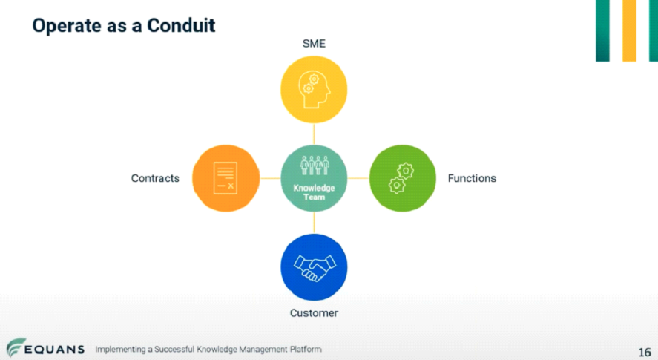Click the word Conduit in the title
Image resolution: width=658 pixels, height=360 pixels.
pos(181,26)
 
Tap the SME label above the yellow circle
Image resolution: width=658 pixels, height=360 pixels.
pos(314,44)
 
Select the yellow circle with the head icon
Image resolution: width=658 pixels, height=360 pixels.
pos(314,90)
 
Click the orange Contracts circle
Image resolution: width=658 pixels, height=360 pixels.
pos(226,178)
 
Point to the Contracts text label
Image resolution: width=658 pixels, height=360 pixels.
pos(155,179)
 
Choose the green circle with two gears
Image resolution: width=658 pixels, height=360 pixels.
pos(402,178)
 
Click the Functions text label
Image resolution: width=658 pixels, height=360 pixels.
pos(472,179)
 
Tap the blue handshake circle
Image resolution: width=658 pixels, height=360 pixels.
pos(314,267)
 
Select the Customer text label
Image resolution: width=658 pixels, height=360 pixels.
pos(314,313)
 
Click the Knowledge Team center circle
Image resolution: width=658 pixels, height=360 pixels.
pos(314,178)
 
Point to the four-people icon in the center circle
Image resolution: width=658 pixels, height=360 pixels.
pos(315,166)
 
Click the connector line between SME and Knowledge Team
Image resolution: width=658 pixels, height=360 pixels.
pos(314,134)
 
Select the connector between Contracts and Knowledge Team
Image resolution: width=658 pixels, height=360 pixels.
pos(270,178)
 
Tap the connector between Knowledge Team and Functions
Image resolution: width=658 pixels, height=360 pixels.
pos(358,178)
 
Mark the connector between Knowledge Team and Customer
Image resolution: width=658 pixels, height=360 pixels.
pos(314,223)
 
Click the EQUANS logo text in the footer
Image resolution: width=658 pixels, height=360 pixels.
pos(54,350)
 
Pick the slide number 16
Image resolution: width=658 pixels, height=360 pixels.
pos(645,352)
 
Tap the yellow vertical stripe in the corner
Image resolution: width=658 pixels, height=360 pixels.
pos(629,30)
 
